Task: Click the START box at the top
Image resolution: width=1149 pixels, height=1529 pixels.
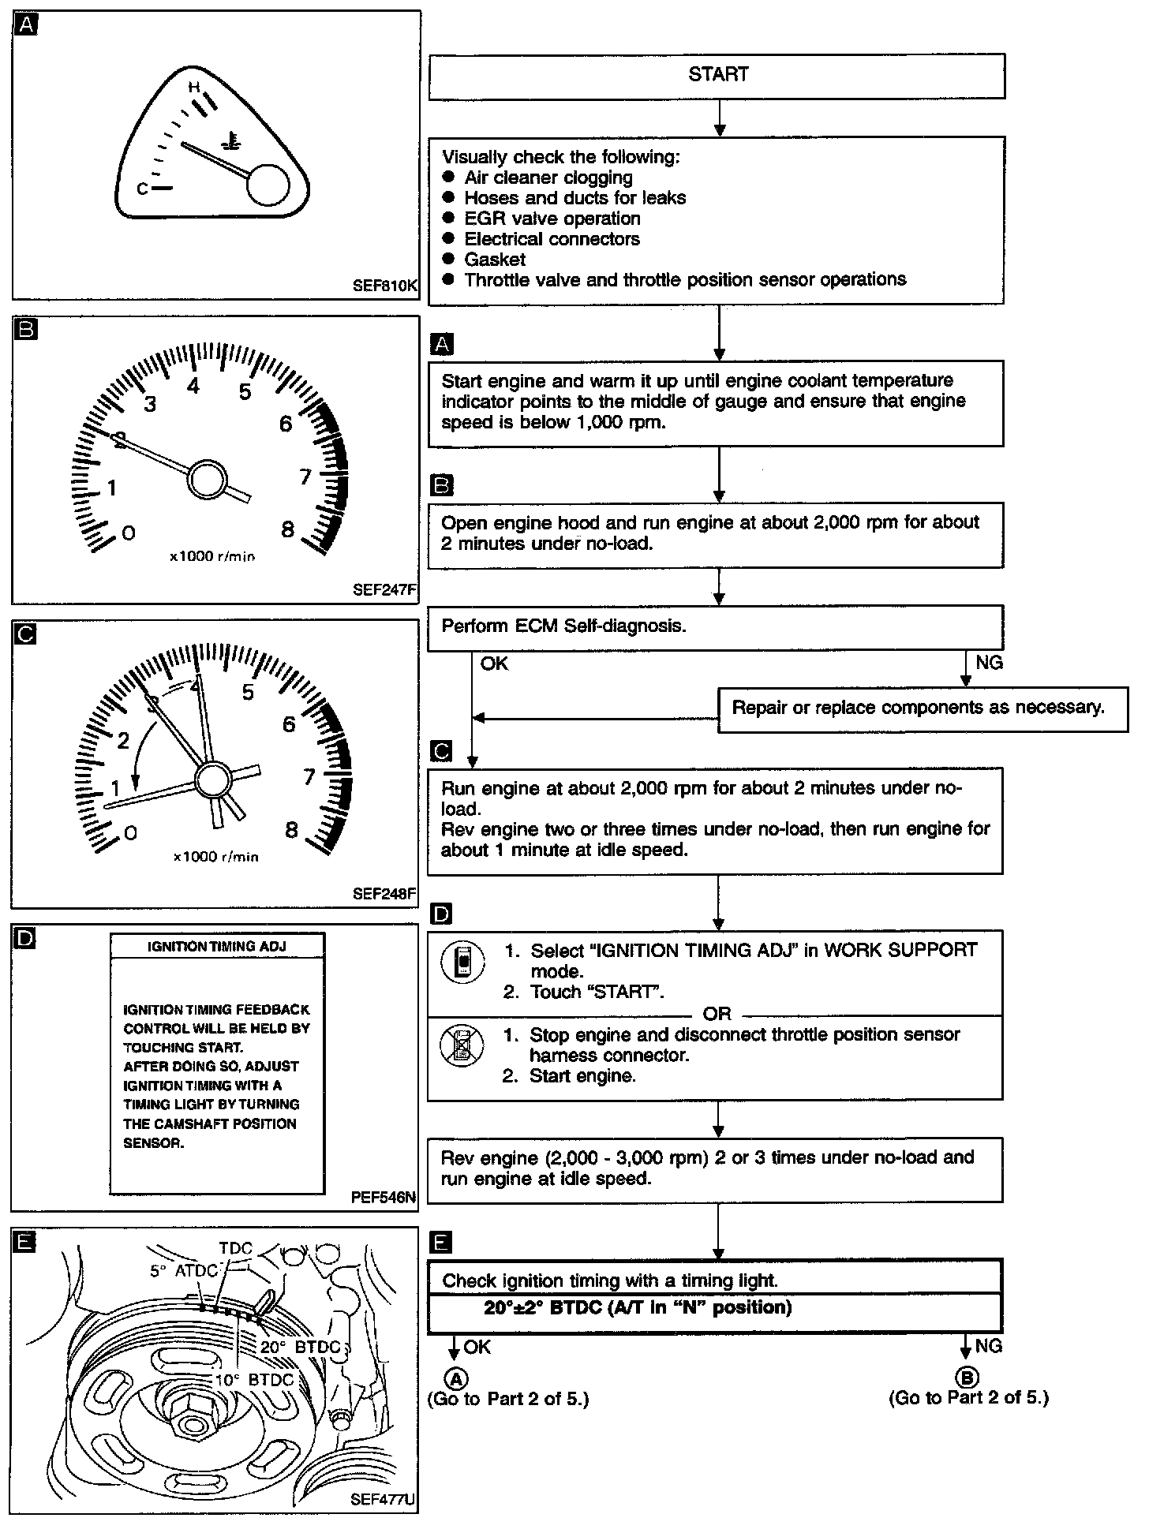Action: tap(717, 76)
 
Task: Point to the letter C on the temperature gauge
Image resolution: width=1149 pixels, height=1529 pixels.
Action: tap(143, 189)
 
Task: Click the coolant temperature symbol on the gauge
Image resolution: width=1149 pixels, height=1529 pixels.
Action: tap(230, 143)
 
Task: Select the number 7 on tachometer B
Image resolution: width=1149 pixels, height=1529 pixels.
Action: tap(305, 477)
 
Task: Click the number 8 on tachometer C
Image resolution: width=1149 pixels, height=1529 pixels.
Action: tap(291, 829)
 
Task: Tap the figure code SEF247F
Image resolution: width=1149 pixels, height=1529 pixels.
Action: tap(384, 590)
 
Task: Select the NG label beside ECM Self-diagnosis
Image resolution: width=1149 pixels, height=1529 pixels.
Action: tap(989, 663)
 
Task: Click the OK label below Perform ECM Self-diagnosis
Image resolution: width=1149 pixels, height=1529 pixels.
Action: tap(495, 664)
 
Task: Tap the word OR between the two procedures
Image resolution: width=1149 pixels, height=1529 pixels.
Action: tap(717, 1014)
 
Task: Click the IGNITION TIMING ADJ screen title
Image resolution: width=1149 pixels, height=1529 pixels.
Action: tap(217, 946)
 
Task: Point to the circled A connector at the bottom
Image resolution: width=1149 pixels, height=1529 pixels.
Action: tap(456, 1378)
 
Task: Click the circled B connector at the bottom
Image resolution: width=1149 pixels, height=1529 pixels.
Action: tap(966, 1378)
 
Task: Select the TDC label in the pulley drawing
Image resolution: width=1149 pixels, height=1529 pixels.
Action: tap(235, 1248)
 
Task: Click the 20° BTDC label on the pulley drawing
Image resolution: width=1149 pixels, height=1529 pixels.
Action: tap(300, 1348)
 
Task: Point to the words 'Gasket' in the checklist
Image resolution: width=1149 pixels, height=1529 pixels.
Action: tap(495, 260)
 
